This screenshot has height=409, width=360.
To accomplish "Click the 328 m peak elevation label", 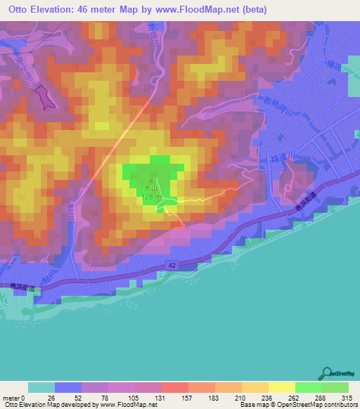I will pyautogui.click(x=149, y=197).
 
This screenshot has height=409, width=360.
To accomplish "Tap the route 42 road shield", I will pyautogui.click(x=172, y=264).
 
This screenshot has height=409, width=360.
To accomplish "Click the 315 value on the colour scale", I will pyautogui.click(x=349, y=398).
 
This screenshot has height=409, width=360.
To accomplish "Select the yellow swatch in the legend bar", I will pyautogui.click(x=281, y=387).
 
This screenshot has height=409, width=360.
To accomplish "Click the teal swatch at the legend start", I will pyautogui.click(x=41, y=387).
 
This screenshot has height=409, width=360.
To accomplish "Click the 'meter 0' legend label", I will pyautogui.click(x=14, y=398).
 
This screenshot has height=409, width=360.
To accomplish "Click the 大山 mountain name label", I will pyautogui.click(x=149, y=188).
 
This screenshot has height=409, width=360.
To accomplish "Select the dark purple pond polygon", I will pyautogui.click(x=44, y=96).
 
